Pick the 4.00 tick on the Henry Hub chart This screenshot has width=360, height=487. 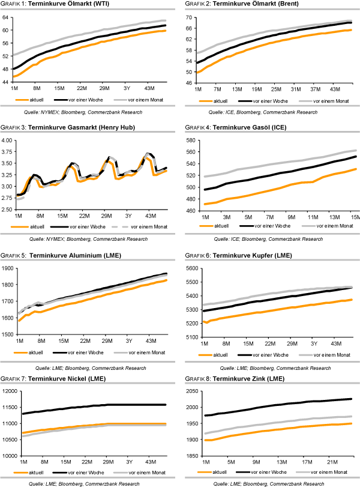tap(7, 140)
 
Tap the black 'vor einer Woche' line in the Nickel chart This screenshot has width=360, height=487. tap(90, 407)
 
